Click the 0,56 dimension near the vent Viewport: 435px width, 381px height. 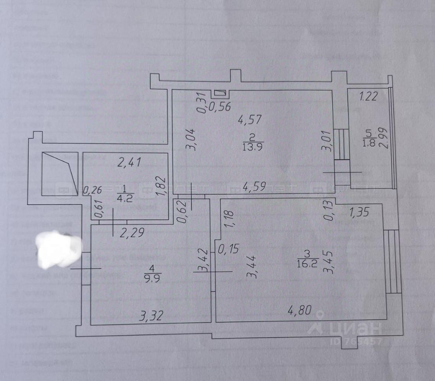point(221,107)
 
